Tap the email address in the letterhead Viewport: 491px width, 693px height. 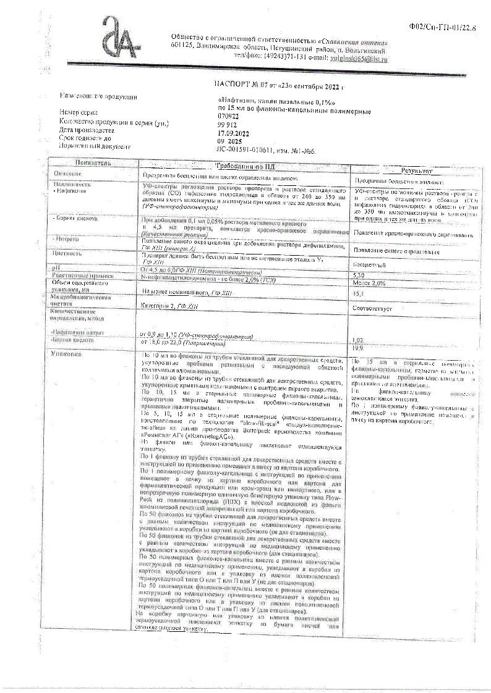pos(354,58)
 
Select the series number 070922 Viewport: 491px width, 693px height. pos(233,114)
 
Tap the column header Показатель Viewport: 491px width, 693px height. pos(93,162)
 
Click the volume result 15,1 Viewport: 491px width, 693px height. pos(359,293)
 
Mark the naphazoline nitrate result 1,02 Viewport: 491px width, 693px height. pos(358,340)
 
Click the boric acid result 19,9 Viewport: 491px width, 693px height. pos(358,348)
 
